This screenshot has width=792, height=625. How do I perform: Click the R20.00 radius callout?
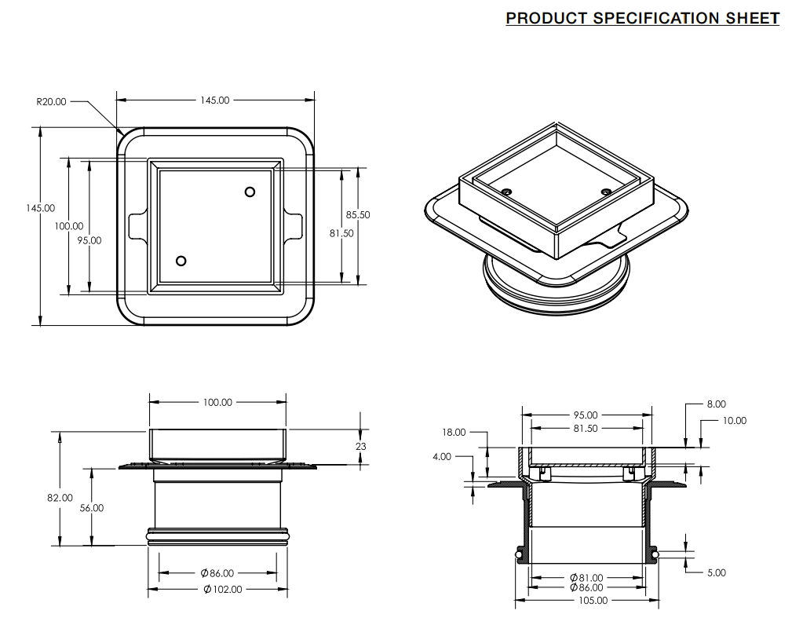tap(52, 101)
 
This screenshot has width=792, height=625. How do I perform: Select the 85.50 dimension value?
tap(358, 214)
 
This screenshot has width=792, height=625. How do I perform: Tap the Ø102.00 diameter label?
tap(223, 589)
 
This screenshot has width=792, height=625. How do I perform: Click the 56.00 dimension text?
tap(91, 508)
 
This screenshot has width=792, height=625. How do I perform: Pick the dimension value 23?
tap(361, 446)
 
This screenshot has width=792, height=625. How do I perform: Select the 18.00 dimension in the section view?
tap(454, 432)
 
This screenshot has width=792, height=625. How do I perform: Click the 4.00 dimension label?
tap(442, 456)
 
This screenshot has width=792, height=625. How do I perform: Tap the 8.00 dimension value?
tap(716, 404)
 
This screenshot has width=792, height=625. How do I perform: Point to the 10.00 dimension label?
tap(735, 421)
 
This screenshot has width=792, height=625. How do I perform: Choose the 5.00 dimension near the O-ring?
tap(716, 572)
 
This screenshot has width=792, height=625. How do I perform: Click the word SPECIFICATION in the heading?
tap(658, 18)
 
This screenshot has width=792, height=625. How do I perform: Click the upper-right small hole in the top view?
tap(250, 192)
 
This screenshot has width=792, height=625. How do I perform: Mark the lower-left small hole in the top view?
tap(181, 261)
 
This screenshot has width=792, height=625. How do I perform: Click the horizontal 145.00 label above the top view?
tap(215, 101)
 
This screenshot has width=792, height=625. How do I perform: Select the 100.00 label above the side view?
tap(217, 402)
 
